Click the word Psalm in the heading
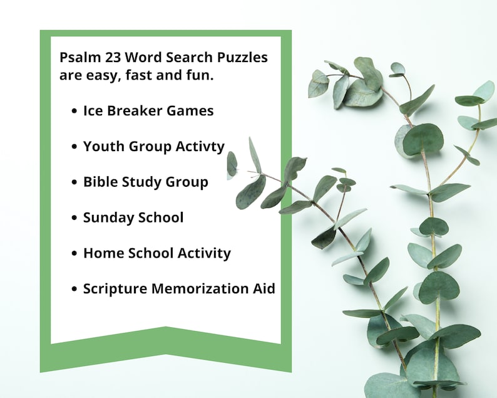[x=78, y=58]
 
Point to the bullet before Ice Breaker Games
[x=74, y=111]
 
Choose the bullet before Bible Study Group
[x=74, y=182]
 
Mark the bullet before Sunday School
[x=74, y=218]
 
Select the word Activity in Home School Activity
[x=203, y=253]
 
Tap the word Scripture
[x=114, y=289]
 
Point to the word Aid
[x=264, y=289]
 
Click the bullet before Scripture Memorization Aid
[x=74, y=290]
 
